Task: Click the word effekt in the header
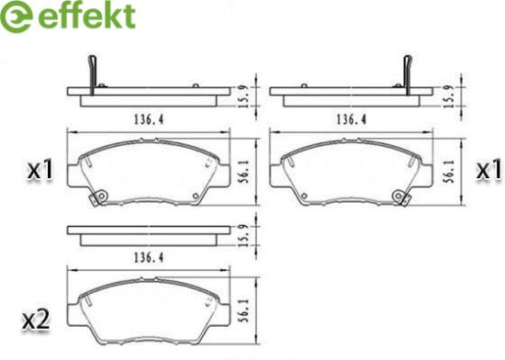[86, 16]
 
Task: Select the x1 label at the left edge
[39, 169]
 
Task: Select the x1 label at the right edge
[488, 169]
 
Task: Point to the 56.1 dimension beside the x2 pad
[245, 309]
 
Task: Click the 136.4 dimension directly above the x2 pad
[149, 257]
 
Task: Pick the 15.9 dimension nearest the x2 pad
[245, 236]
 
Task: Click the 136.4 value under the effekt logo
[149, 119]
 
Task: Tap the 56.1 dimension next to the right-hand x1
[450, 172]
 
